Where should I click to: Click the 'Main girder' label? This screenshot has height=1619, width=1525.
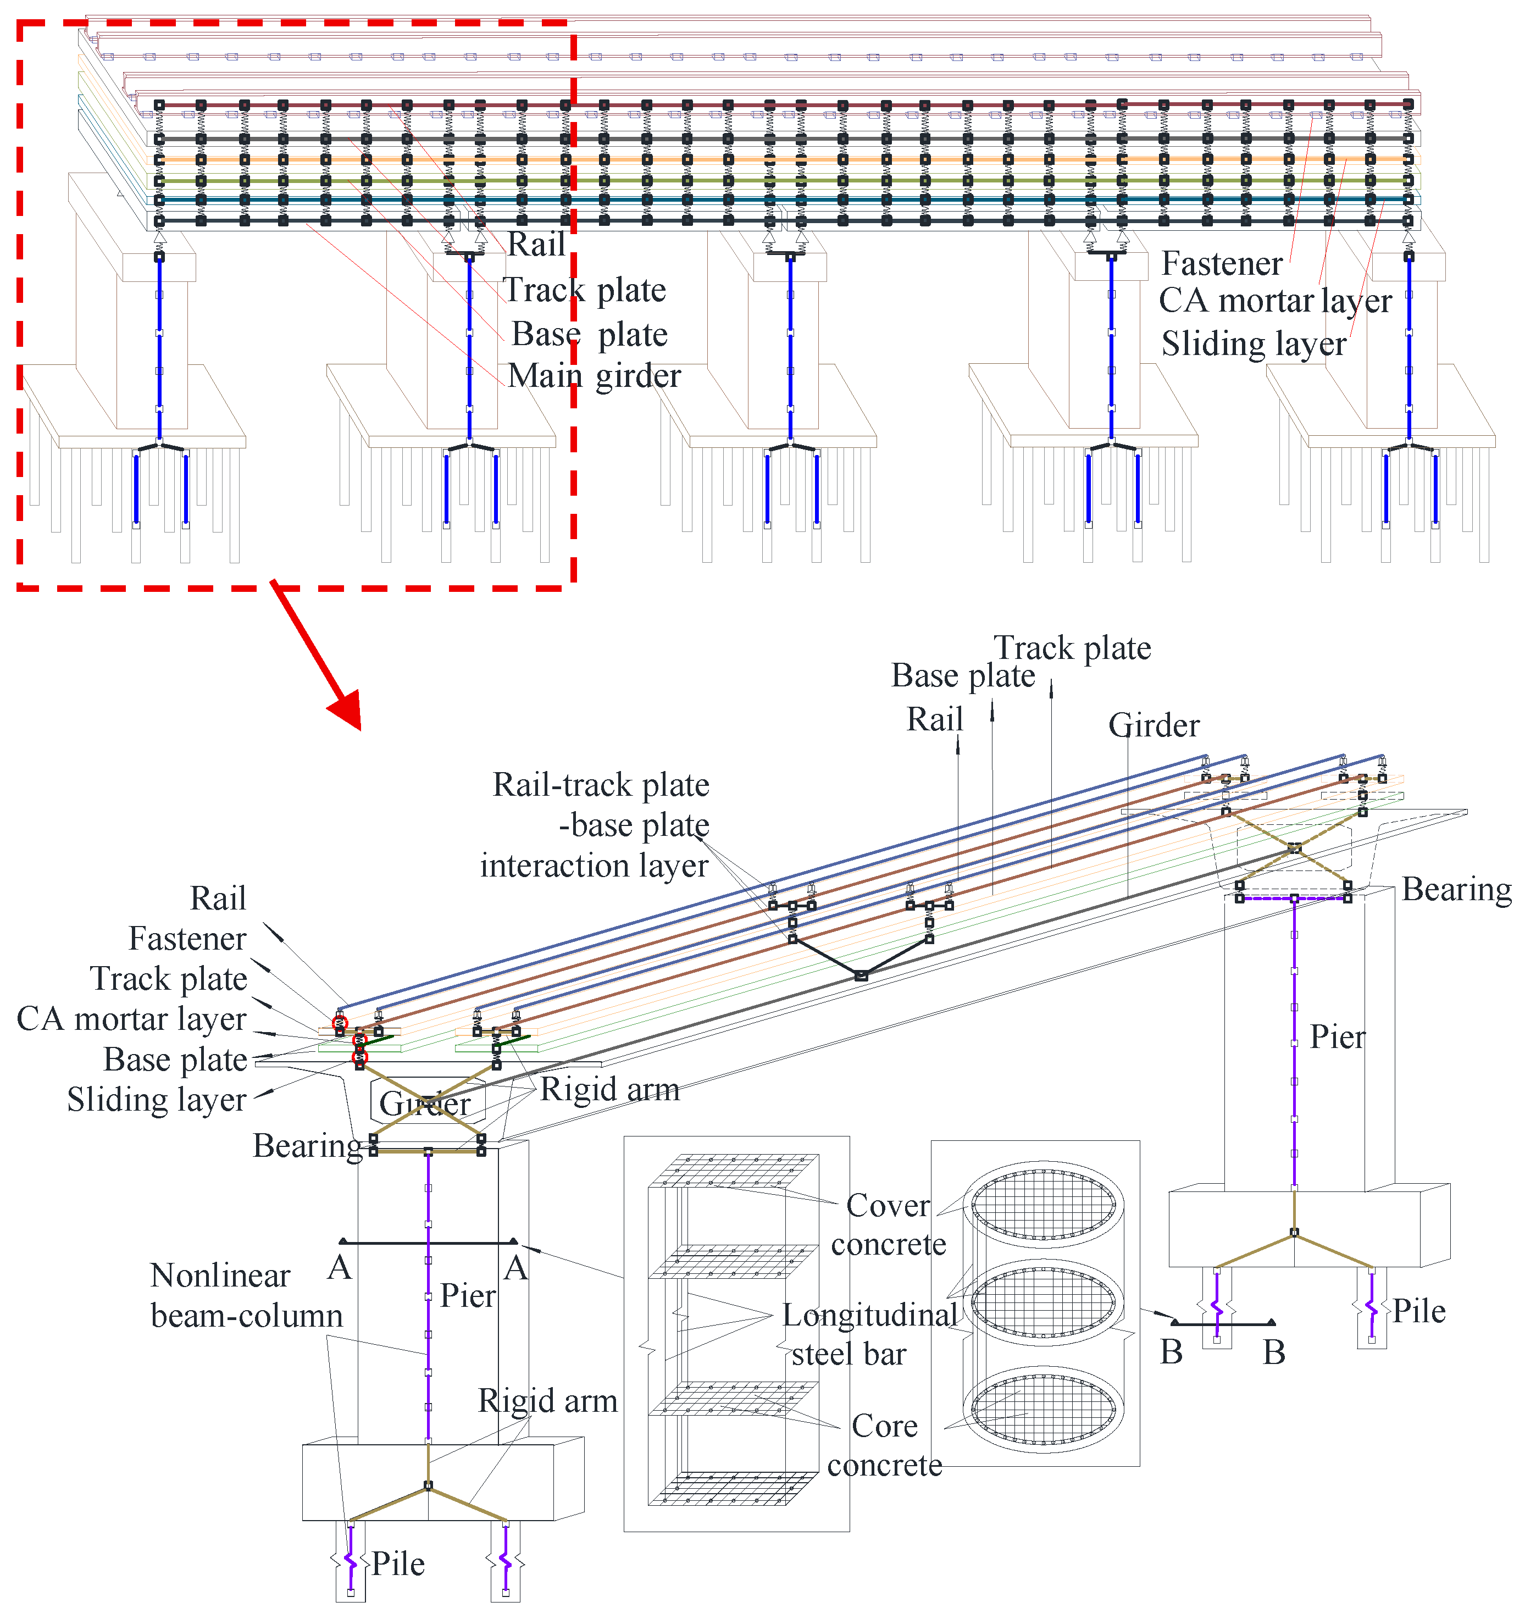tap(594, 376)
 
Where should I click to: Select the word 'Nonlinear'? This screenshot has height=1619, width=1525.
tap(220, 1276)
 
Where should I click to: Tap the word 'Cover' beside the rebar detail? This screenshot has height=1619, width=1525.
tap(888, 1205)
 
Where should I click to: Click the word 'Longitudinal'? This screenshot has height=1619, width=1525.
tap(869, 1315)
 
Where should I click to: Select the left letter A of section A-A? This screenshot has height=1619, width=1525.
tap(340, 1268)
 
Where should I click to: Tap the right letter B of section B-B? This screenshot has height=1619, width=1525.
tap(1274, 1352)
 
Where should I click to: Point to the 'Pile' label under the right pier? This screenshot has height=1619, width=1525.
tap(1418, 1311)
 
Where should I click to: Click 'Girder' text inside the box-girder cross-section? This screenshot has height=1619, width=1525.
tap(425, 1104)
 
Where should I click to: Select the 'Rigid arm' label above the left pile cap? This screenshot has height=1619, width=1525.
tap(547, 1401)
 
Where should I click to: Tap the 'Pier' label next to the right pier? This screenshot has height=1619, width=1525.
tap(1337, 1036)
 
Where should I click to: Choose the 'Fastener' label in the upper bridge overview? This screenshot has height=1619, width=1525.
tap(1221, 264)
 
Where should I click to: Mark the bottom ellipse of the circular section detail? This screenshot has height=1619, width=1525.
tap(1043, 1411)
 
